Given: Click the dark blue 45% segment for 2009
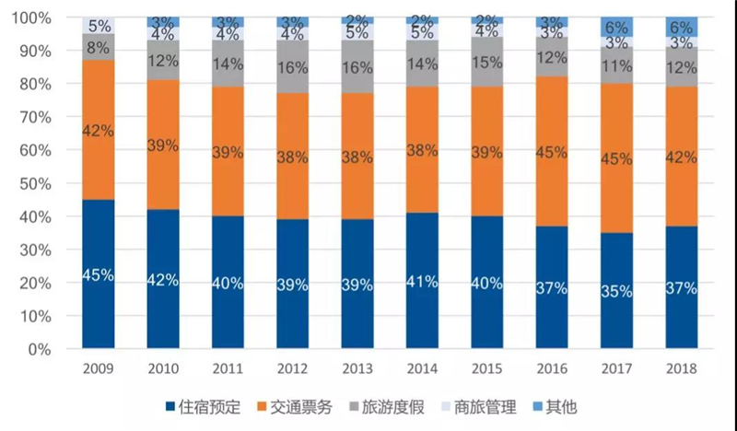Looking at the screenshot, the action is pos(99,274).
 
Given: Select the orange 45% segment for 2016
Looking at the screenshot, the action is pos(552,151).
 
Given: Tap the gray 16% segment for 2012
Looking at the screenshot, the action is pos(292,66).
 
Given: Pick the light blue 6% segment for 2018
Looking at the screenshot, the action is pos(682,28).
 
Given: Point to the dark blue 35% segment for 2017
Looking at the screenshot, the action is pos(616,290).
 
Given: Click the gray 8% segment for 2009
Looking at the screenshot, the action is pos(99,47).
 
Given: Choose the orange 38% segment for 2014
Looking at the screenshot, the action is pos(422,149).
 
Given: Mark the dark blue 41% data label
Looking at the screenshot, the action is pos(422,282).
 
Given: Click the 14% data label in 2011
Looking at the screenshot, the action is pos(228,64).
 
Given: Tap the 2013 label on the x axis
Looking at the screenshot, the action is pos(357,368).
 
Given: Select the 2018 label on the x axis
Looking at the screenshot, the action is pos(682,368).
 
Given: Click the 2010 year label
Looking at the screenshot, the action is pos(163,368).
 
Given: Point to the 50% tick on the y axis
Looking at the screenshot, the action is pos(36,184).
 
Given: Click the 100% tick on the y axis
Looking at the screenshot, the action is pos(31,17).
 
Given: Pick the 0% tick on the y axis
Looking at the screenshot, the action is pos(40,350).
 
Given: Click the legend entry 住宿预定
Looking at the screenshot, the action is pos(203,407).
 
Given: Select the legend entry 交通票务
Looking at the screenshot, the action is pos(295,407).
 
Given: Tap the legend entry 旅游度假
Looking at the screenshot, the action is pos(387,407).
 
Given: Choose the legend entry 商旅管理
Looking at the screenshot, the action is pos(479,407).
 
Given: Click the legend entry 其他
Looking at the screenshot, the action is pos(556,407).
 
